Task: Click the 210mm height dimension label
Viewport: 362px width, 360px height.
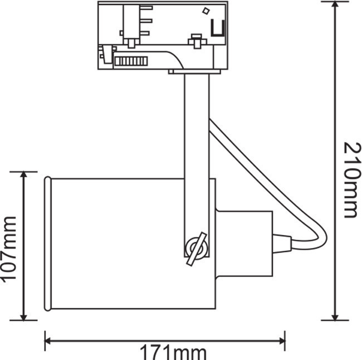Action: (353, 180)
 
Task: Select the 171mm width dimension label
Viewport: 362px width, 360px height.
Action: (173, 352)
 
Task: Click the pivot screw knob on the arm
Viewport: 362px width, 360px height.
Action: (197, 249)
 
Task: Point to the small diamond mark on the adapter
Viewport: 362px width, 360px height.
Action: (206, 11)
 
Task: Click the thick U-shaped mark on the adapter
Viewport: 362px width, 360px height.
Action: (218, 28)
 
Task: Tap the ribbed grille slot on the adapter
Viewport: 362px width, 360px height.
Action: (131, 61)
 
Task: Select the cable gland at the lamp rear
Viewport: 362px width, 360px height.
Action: (282, 244)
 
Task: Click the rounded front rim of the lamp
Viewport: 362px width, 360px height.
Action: (47, 244)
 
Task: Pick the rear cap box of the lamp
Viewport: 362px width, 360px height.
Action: (244, 244)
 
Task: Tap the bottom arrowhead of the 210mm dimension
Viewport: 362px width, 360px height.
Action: (335, 317)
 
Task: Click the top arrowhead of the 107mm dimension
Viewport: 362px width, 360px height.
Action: (23, 176)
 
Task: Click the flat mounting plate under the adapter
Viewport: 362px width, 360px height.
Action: (194, 72)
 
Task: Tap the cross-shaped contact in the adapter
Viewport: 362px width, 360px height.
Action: (197, 41)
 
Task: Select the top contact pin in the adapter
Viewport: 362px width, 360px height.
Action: (146, 8)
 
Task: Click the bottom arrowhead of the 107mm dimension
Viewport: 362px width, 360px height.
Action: (23, 317)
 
